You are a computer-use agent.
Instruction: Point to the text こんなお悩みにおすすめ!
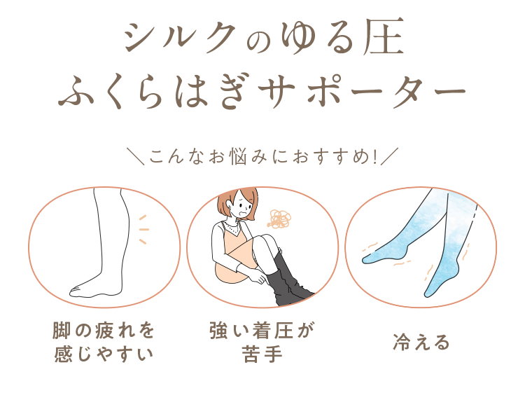point(262,154)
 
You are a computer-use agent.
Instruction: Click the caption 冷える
point(421,343)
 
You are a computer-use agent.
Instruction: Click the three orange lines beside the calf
point(143,229)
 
